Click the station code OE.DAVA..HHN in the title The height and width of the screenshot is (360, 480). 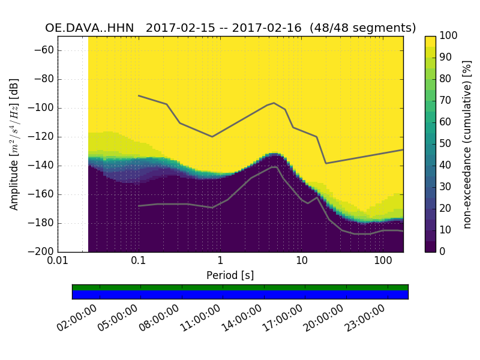(89, 28)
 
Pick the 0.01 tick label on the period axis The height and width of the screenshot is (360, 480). (58, 262)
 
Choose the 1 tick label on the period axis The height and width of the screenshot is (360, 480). (220, 262)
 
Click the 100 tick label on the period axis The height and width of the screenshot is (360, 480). (382, 262)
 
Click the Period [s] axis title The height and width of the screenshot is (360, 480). (230, 275)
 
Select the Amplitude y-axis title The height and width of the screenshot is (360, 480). (14, 144)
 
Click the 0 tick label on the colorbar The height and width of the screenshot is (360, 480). (443, 251)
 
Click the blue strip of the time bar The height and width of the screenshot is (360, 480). (240, 295)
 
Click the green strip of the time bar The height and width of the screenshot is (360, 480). (240, 287)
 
